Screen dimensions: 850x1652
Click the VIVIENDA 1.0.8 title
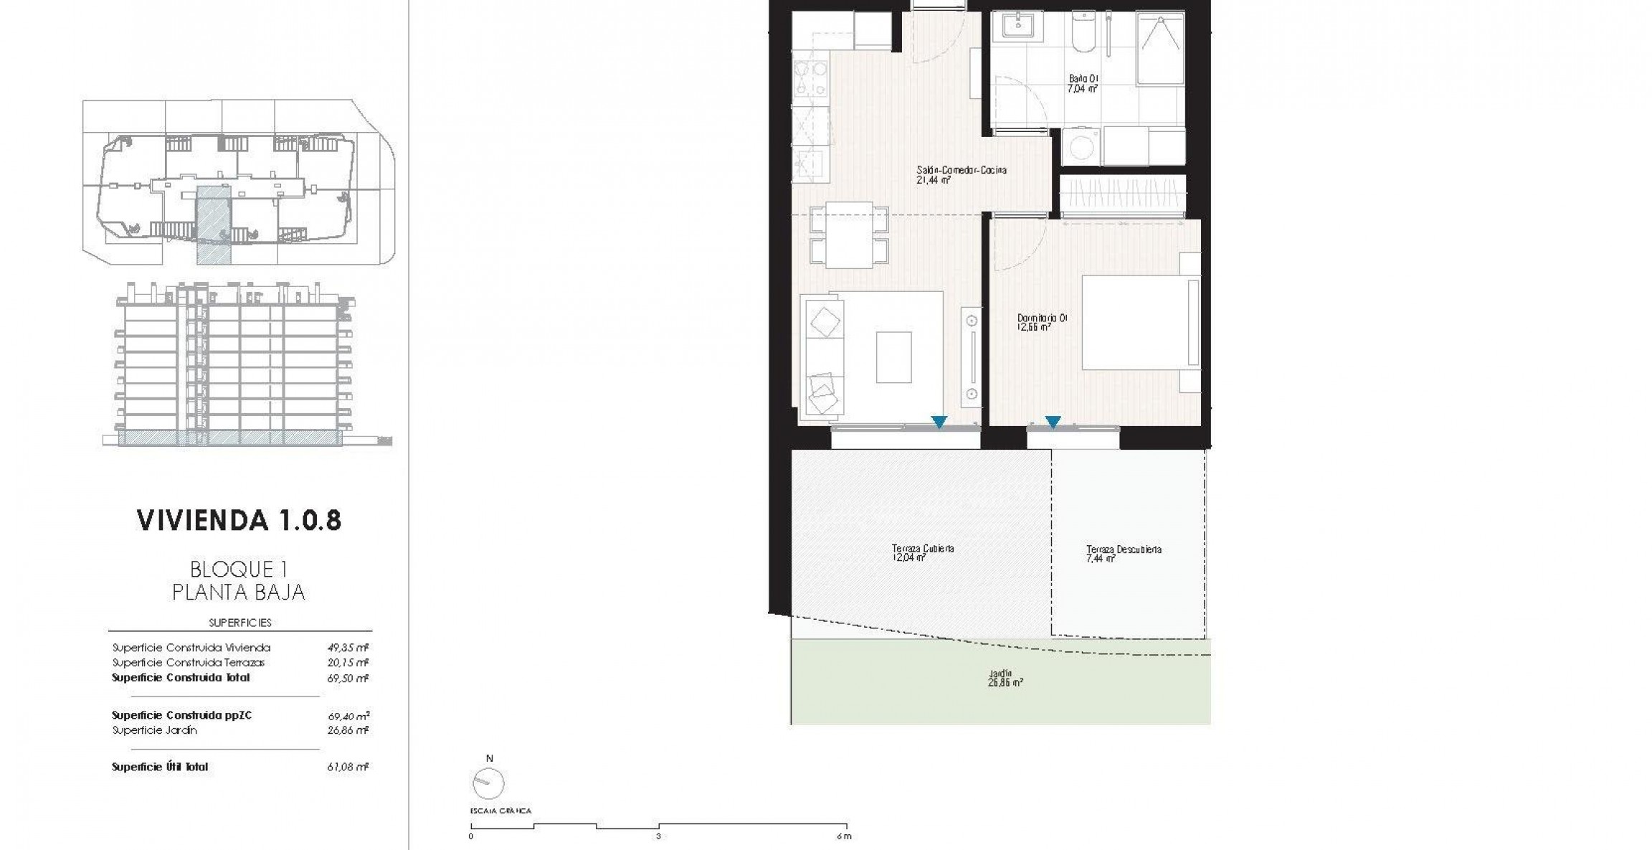point(239,520)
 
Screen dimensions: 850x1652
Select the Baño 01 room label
point(1083,84)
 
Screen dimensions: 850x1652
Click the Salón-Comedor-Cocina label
point(961,175)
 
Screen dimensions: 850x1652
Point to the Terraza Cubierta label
point(922,552)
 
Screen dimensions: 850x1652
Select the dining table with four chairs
point(849,235)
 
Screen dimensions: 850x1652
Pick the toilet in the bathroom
point(1081,34)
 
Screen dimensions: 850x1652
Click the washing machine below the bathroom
point(1079,147)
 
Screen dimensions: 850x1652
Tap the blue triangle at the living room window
point(939,422)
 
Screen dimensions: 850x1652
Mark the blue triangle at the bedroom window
point(1053,422)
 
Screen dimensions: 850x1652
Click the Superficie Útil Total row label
point(160,767)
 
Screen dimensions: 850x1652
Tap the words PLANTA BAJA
point(239,592)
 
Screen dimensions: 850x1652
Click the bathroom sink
point(1016,27)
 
